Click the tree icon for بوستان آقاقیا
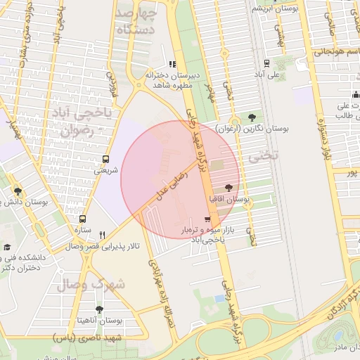click(228, 188)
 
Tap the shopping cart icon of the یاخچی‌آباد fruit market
click(206, 219)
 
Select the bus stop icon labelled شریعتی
click(105, 159)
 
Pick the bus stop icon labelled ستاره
click(83, 219)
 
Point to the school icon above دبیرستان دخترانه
click(172, 65)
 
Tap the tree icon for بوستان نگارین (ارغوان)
click(252, 117)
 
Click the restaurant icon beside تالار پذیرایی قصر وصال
click(103, 235)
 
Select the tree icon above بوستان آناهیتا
click(99, 309)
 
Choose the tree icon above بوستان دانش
click(18, 191)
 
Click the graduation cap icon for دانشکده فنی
click(7, 247)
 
